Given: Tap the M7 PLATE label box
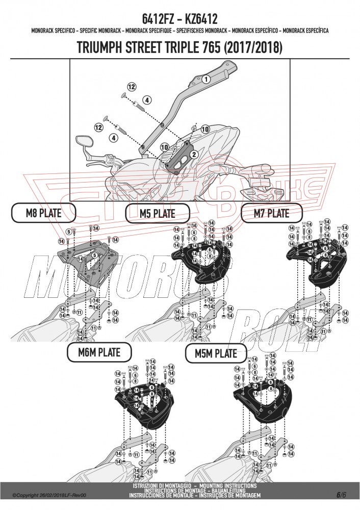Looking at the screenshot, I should pyautogui.click(x=271, y=212).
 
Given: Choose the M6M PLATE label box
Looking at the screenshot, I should pyautogui.click(x=99, y=351).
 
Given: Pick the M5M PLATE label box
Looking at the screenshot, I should pyautogui.click(x=212, y=352).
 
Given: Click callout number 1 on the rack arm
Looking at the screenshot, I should pyautogui.click(x=205, y=79).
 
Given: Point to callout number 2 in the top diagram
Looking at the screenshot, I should pyautogui.click(x=194, y=154).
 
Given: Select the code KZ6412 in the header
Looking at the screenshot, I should pyautogui.click(x=200, y=19).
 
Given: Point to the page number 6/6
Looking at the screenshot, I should pyautogui.click(x=342, y=494).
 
